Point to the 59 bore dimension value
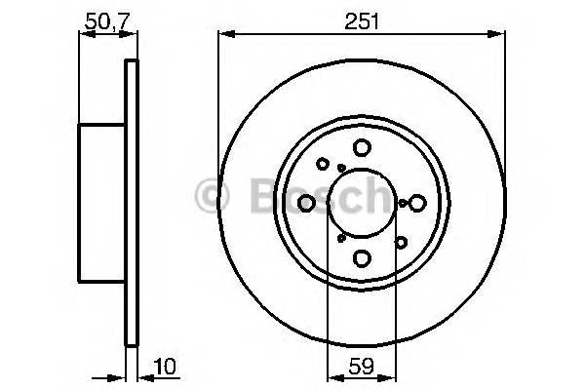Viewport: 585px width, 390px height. pos(361,369)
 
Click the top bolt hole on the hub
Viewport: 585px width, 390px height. pos(362,147)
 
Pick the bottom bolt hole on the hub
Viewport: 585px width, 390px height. pos(362,257)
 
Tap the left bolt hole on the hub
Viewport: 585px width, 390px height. pos(306,203)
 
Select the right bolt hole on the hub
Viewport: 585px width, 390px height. pos(417,203)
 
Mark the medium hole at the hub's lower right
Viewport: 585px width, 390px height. pos(400,240)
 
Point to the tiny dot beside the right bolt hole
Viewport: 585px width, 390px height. pos(402,203)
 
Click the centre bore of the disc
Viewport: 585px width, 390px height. pos(362,203)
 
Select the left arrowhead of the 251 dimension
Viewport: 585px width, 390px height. pos(222,34)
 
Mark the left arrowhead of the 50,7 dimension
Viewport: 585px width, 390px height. pos(83,34)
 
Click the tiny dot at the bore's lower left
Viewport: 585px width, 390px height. pos(340,237)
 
